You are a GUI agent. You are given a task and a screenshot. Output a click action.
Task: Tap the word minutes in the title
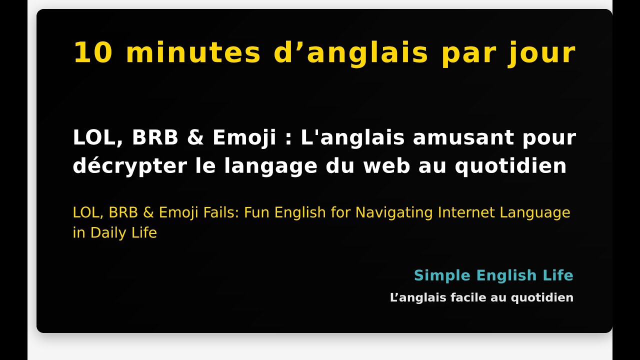tap(193, 53)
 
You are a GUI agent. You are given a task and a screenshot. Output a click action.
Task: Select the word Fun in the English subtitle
tap(257, 213)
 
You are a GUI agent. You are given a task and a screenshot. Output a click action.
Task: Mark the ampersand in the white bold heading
tap(195, 138)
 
